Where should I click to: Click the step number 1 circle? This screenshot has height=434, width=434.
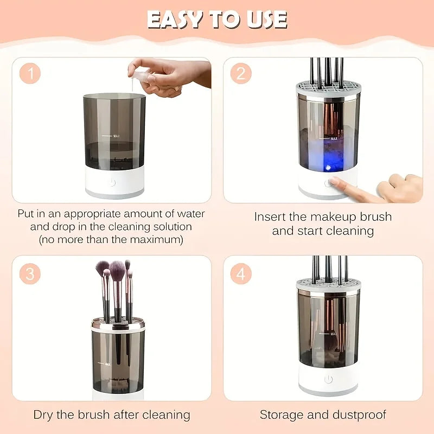(x=30, y=74)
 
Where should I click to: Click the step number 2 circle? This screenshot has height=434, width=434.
(x=240, y=74)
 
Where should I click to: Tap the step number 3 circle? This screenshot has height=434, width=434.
(x=30, y=274)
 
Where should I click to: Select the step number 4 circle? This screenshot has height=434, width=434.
(x=240, y=274)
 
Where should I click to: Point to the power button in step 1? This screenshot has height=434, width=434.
(x=113, y=182)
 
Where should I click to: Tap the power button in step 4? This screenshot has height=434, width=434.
(x=328, y=379)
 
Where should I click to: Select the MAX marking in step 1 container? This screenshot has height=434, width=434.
(x=117, y=136)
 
